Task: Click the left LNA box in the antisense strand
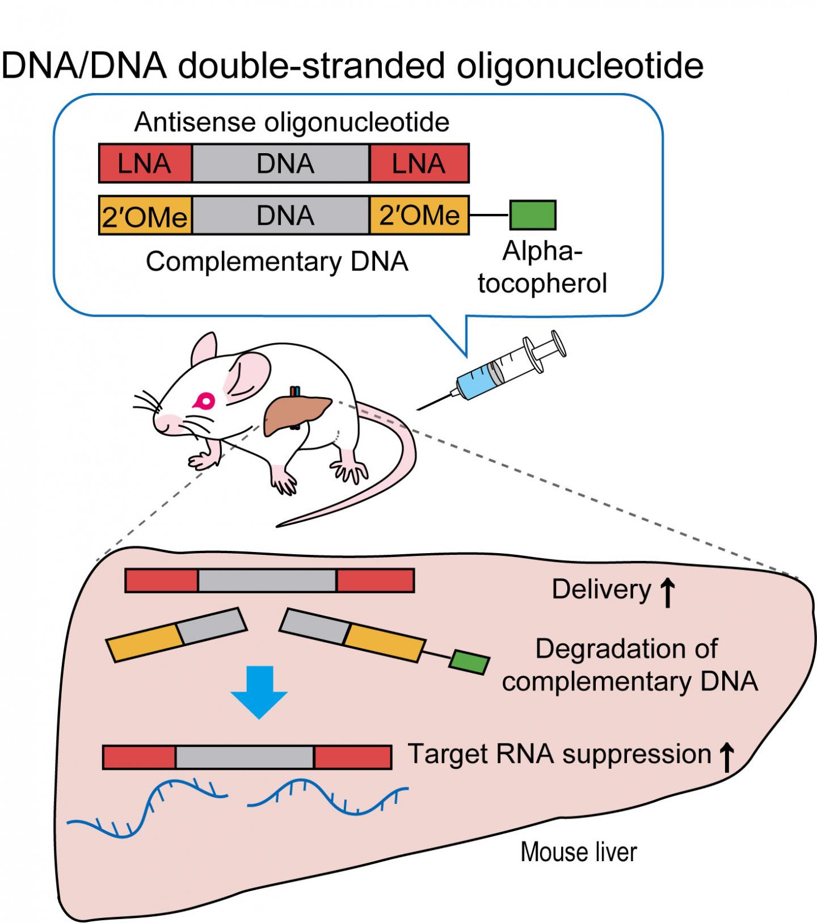point(145,163)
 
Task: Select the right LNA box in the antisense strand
point(419,163)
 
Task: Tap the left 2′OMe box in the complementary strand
point(145,216)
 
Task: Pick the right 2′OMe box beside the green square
point(419,216)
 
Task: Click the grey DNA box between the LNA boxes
point(281,163)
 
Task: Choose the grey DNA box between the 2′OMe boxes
point(281,216)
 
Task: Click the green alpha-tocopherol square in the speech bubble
point(533,215)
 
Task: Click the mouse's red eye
point(204,402)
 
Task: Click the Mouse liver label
point(579,852)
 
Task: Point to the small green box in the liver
point(469,663)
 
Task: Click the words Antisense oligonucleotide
point(292,122)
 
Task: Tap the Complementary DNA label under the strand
point(277,262)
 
